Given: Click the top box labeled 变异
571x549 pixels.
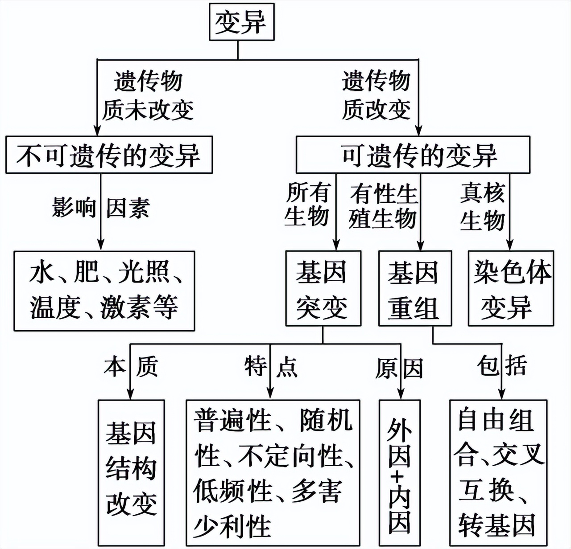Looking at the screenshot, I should [x=241, y=22].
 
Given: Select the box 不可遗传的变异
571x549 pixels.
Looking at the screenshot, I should [x=109, y=155].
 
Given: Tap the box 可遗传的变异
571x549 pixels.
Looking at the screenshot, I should [x=413, y=155].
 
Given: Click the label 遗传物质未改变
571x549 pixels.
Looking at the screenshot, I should [x=148, y=95].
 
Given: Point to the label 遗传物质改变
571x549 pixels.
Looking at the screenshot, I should [x=376, y=95].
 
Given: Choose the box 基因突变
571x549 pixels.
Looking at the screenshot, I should [x=323, y=289].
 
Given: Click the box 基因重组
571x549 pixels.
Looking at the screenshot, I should [x=414, y=289].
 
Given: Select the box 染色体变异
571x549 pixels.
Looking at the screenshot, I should [x=511, y=289].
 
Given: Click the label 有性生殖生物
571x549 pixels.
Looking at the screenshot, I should [x=383, y=206].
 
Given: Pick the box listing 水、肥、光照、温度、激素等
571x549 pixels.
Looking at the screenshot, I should [x=104, y=291].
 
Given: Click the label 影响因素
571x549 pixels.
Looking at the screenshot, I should [x=101, y=208].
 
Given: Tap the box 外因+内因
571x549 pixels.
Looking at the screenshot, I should [x=399, y=472].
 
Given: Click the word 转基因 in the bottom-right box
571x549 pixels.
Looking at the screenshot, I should [x=497, y=525].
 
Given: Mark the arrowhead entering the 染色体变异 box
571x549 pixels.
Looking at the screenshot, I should [x=509, y=245].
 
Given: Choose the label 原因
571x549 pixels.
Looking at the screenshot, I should [x=399, y=368].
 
